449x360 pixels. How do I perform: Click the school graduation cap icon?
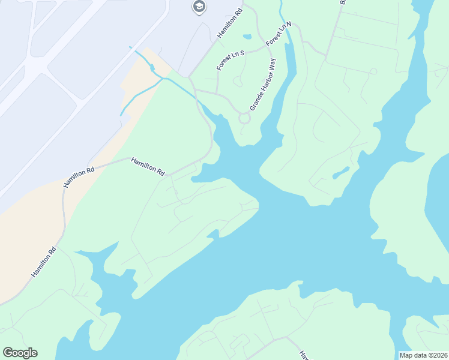[x=199, y=7]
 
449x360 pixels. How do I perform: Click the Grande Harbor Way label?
[x=262, y=85]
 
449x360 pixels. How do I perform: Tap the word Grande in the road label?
[x=255, y=101]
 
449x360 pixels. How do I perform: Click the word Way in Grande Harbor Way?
[x=272, y=65]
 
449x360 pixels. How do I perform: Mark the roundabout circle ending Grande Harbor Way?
[x=244, y=118]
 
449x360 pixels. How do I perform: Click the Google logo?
[x=20, y=353]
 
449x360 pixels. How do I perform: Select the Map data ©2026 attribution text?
[x=424, y=355]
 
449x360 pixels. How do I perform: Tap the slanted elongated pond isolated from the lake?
[x=340, y=173]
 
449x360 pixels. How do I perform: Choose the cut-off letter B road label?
[x=343, y=2]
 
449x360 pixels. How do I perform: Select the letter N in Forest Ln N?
[x=288, y=25]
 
